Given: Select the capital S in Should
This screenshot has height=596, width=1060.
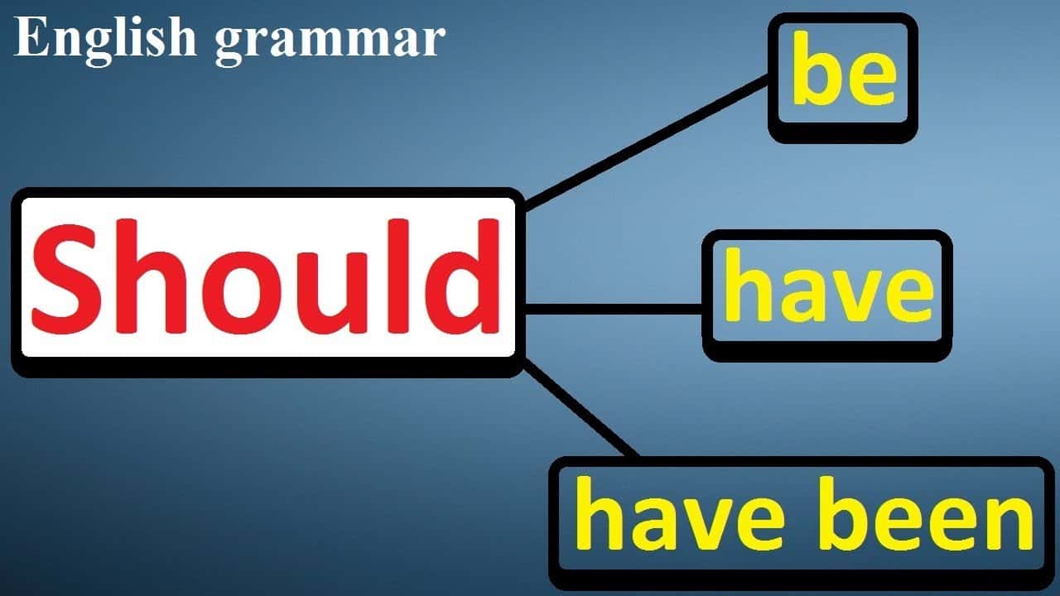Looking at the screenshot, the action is pos(67,276).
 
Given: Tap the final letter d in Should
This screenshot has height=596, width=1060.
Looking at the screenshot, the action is pos(462,276).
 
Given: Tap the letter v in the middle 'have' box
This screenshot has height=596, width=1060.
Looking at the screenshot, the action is pos(856,296).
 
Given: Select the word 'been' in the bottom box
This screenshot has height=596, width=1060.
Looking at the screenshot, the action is pos(927,513).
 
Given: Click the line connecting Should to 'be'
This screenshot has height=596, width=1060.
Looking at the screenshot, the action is pos(647,142).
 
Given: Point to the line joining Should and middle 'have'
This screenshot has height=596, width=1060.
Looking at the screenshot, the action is pos(614,310).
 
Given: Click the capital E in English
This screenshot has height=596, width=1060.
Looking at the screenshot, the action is pos(31,37).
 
